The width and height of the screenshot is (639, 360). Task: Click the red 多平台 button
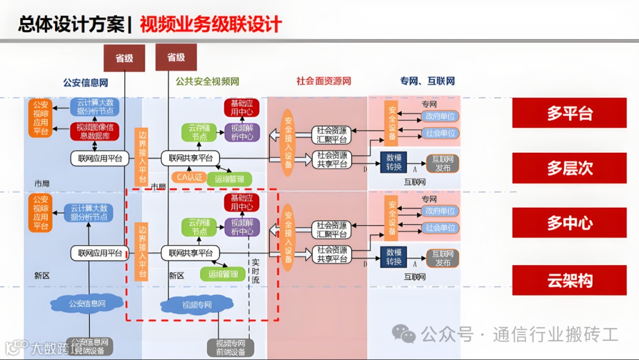(569, 112)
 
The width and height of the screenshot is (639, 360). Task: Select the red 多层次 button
(569, 168)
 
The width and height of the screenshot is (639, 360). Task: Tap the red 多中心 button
(569, 223)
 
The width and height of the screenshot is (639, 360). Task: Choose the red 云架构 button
(569, 280)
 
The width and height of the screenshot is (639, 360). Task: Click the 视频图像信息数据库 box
(95, 131)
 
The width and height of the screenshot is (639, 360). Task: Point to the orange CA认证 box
(187, 176)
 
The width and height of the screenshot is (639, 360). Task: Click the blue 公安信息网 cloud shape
(87, 304)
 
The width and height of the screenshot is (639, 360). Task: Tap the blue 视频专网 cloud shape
(196, 305)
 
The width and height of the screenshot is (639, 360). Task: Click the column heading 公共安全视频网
(207, 82)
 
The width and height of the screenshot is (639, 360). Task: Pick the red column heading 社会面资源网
(324, 81)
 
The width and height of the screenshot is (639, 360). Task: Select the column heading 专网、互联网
(427, 81)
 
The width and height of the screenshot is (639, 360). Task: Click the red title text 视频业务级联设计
(211, 24)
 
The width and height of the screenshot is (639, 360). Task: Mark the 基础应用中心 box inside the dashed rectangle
(241, 202)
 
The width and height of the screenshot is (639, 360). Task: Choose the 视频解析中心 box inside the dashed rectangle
(241, 227)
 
